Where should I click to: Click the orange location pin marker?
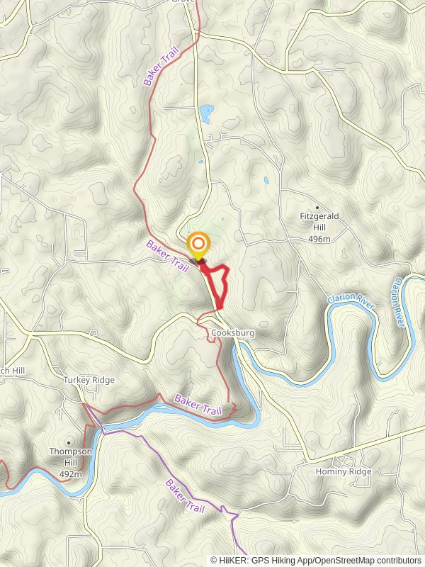click(198, 246)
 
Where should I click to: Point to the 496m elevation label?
click(319, 239)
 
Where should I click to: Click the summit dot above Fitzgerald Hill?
click(317, 208)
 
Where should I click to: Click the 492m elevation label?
click(70, 474)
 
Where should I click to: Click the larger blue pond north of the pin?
click(207, 113)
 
